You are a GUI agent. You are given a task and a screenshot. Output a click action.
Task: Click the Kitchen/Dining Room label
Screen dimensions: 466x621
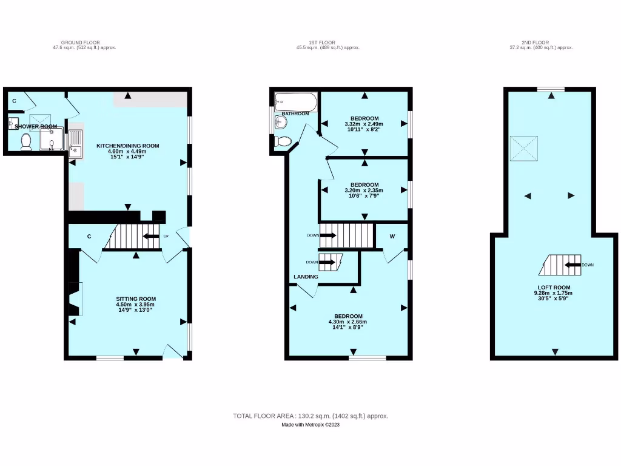click(x=127, y=146)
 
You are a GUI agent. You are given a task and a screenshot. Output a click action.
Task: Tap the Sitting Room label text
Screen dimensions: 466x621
click(x=136, y=299)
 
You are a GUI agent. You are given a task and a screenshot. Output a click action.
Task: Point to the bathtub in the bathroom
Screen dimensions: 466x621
click(x=295, y=101)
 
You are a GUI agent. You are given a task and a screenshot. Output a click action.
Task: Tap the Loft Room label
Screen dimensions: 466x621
click(x=553, y=287)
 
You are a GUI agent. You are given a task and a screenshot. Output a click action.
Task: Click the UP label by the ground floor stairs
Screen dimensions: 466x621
click(x=165, y=236)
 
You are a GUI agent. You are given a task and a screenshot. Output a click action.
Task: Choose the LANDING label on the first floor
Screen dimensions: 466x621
click(x=306, y=277)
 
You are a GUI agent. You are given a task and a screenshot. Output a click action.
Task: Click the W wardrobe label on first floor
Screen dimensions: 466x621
click(x=392, y=236)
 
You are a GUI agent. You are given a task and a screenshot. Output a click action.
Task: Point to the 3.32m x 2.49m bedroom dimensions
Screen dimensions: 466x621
click(x=364, y=124)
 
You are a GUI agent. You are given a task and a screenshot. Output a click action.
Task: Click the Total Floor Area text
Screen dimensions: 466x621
click(x=310, y=416)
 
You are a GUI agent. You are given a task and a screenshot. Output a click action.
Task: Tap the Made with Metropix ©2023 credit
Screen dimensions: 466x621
click(x=310, y=425)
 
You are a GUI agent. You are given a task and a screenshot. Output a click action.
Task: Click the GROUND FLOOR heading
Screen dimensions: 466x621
click(x=84, y=42)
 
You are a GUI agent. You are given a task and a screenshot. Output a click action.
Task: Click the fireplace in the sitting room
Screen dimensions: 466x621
click(x=75, y=299)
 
